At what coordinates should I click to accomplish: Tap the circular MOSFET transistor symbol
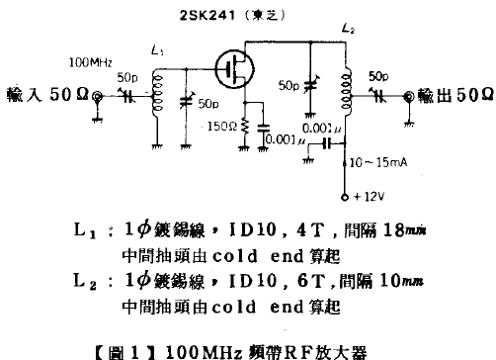[x=234, y=70]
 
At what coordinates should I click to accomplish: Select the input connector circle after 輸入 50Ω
[x=99, y=96]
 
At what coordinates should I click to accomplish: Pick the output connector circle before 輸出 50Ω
[x=408, y=95]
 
